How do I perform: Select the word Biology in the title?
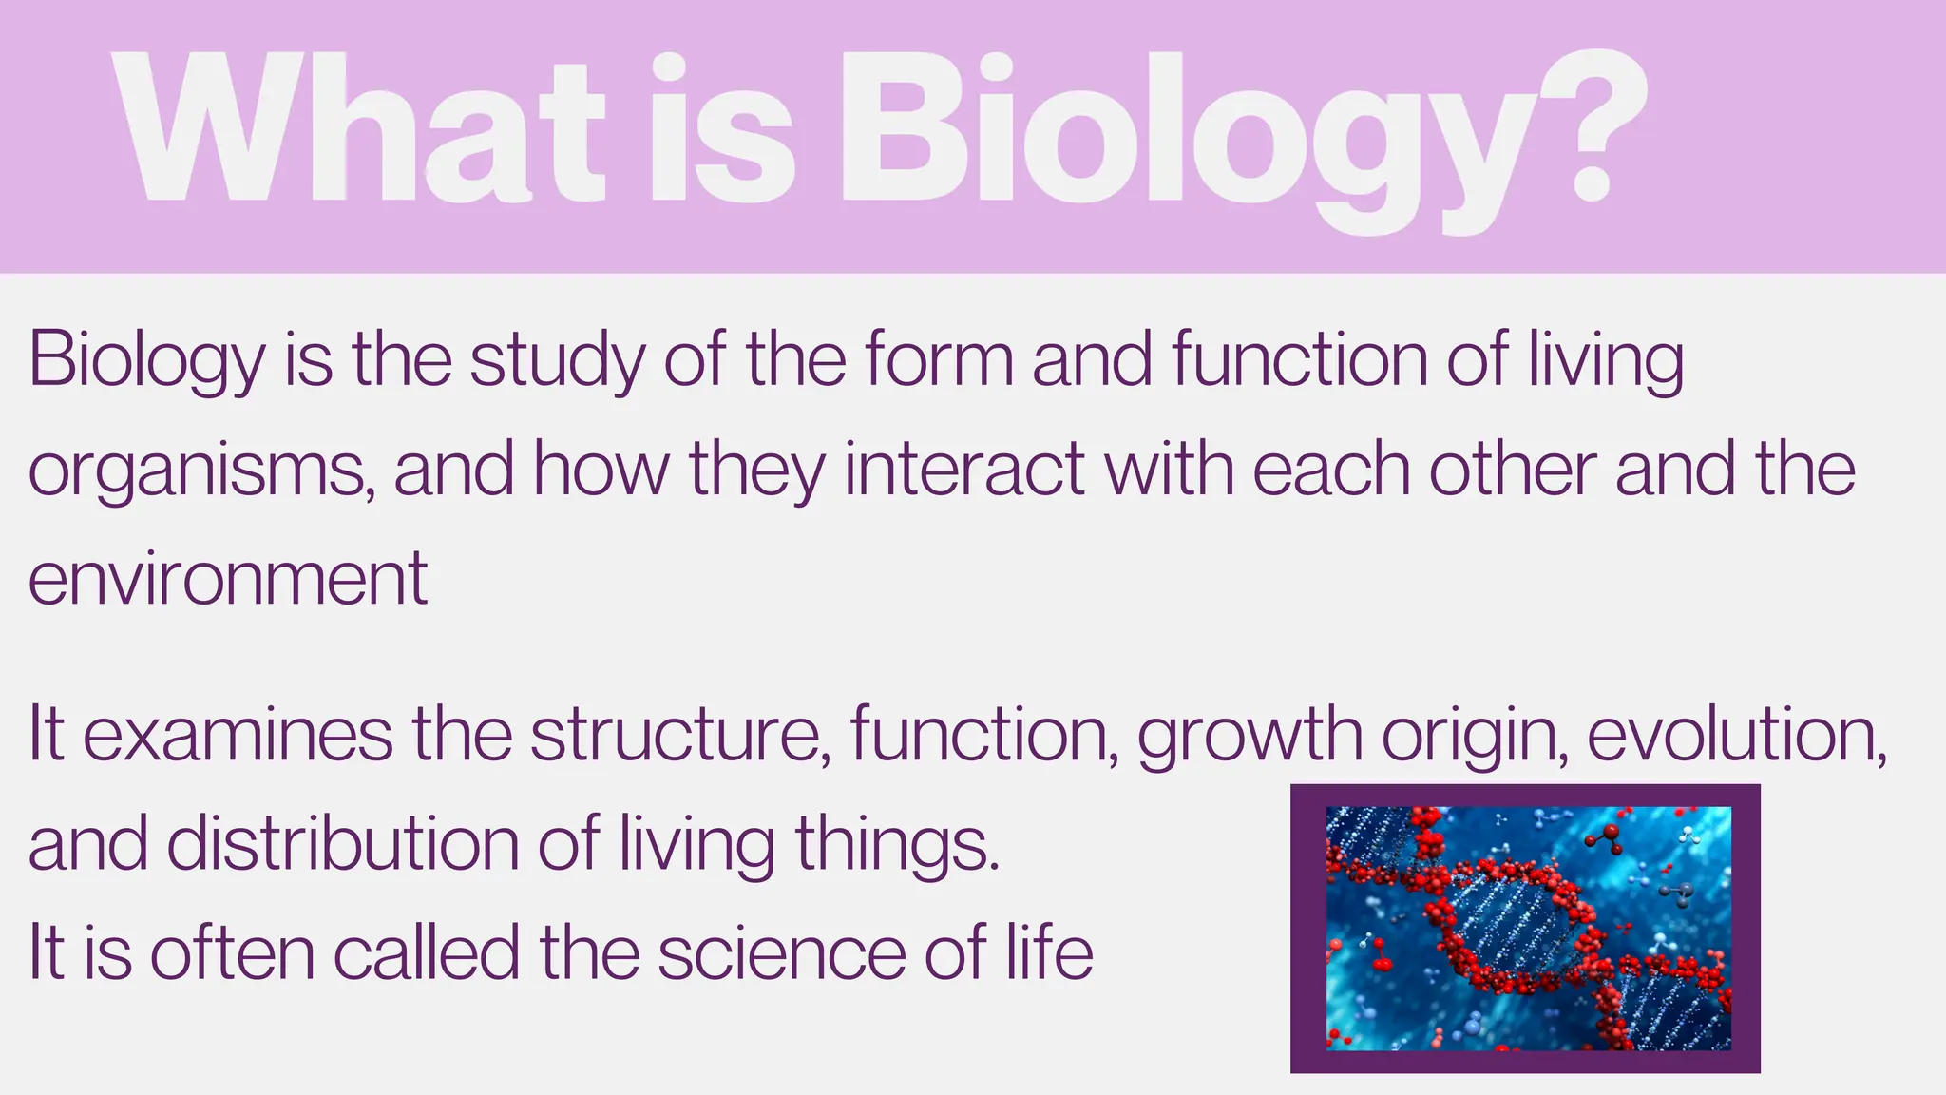[x=1178, y=133]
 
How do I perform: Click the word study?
[x=557, y=361]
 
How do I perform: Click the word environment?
[x=228, y=579]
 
